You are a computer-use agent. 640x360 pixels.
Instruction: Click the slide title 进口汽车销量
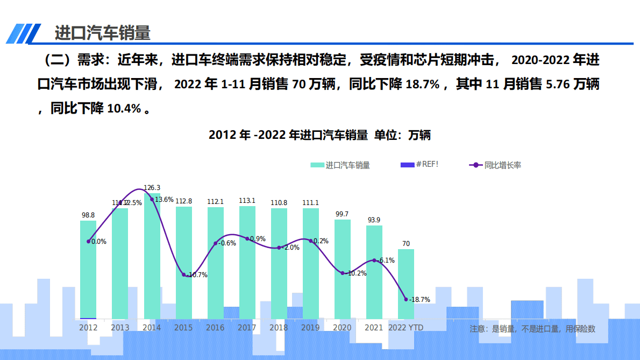102,33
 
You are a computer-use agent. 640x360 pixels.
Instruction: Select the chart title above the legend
319,135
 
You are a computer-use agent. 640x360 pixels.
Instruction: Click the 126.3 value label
152,188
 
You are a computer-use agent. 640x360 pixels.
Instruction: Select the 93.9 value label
374,220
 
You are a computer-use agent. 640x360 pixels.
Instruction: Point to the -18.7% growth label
419,300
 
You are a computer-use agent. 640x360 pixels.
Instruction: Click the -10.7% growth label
196,275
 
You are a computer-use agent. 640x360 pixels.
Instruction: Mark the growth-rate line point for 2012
88,241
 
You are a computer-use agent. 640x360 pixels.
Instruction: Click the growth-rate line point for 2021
374,260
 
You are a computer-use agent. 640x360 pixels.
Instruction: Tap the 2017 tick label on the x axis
247,327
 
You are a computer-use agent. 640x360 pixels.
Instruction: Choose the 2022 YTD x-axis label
406,327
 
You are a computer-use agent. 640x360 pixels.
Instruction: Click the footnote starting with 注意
532,328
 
